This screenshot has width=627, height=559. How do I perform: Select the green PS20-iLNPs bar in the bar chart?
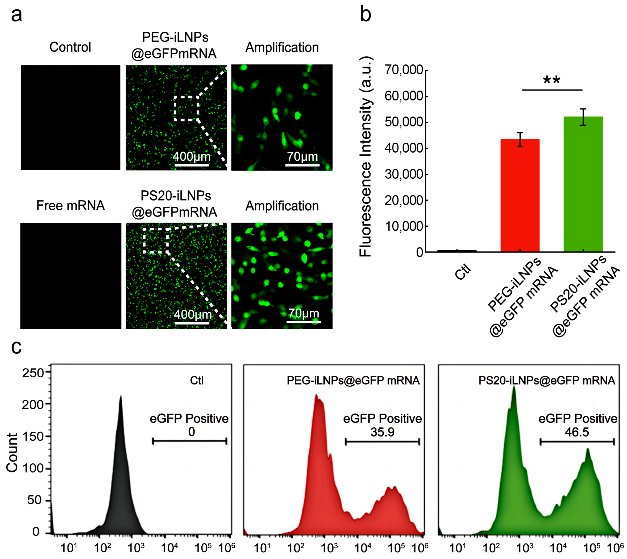[x=583, y=184]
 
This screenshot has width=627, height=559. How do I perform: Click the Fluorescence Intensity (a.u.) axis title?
[x=366, y=157]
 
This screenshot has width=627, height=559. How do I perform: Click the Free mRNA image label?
[x=70, y=206]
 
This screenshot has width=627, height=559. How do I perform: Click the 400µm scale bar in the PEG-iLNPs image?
[x=192, y=165]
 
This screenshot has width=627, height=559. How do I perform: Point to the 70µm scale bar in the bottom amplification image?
[x=304, y=322]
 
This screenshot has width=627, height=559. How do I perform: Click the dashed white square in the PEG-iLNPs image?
[x=186, y=108]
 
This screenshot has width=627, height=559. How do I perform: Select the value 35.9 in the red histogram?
[x=382, y=432]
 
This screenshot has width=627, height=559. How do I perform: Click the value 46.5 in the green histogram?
[x=577, y=432]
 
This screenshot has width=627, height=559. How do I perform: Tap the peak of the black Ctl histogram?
[x=121, y=397]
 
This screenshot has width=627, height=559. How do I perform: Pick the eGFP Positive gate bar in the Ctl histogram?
[x=190, y=441]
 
